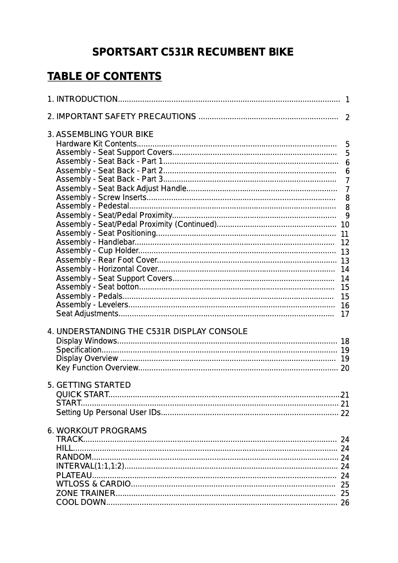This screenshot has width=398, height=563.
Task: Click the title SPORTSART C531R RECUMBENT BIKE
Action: click(193, 52)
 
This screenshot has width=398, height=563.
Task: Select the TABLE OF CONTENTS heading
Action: click(104, 76)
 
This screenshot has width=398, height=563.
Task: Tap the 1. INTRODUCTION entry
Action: click(82, 99)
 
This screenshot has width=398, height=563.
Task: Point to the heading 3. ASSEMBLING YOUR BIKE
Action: click(100, 135)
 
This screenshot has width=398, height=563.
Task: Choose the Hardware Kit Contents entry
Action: click(96, 144)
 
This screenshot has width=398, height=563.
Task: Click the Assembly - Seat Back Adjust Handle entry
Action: click(121, 189)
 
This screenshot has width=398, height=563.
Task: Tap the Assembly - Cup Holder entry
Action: click(97, 251)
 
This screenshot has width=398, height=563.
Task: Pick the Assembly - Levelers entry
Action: click(92, 305)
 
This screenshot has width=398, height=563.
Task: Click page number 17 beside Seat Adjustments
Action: click(345, 314)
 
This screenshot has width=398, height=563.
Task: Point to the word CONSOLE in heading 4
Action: click(230, 332)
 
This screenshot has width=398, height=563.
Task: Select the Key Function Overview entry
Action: click(97, 368)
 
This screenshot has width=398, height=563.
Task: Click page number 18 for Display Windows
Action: click(345, 342)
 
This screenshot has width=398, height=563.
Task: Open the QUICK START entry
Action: click(82, 395)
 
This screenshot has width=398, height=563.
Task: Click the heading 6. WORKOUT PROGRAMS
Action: click(97, 430)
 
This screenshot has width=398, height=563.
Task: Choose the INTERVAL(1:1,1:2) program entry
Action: click(90, 466)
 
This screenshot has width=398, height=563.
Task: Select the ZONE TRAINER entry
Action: click(86, 493)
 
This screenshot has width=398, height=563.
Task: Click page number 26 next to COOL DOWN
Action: click(345, 502)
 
